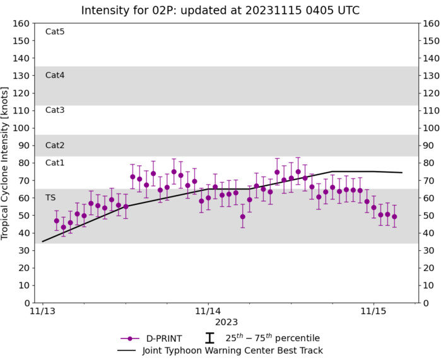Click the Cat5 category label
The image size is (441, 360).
pyautogui.click(x=55, y=32)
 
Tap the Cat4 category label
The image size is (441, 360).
pyautogui.click(x=55, y=75)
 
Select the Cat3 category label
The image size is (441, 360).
pyautogui.click(x=55, y=110)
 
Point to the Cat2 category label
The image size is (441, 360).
pyautogui.click(x=55, y=145)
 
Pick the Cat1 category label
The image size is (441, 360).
pyautogui.click(x=55, y=163)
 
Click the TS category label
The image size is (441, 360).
pyautogui.click(x=50, y=197)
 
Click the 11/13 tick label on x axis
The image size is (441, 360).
pyautogui.click(x=42, y=311)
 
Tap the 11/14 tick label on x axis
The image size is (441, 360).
pyautogui.click(x=208, y=311)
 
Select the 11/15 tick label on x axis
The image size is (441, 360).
pyautogui.click(x=373, y=311)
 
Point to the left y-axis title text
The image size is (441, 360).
pyautogui.click(x=6, y=163)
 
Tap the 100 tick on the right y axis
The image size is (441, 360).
pyautogui.click(x=430, y=128)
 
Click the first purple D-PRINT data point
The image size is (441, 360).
pyautogui.click(x=56, y=221)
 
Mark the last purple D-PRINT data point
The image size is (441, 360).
pyautogui.click(x=394, y=216)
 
